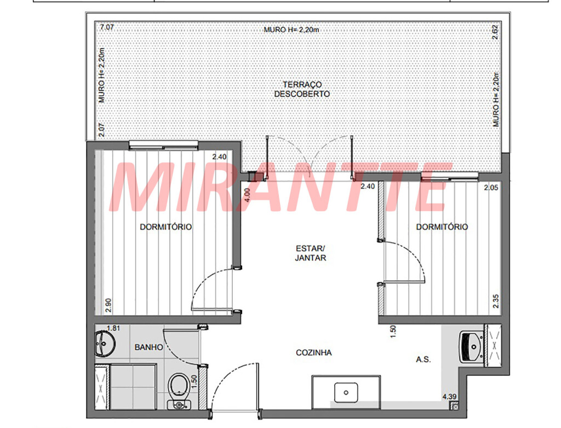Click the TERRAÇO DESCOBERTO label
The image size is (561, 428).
pos(302,89)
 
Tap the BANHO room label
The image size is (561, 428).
pos(148,347)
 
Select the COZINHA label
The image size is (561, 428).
pos(314,352)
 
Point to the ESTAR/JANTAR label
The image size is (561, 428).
pos(310,253)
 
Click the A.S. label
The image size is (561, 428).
pos(423,360)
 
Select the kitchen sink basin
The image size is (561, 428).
pos(346,392)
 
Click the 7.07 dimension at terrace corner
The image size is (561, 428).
pos(107,27)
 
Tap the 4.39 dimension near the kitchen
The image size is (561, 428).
pos(449,397)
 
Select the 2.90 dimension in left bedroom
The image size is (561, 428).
pos(109,305)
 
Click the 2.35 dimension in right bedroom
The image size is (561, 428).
pos(495,301)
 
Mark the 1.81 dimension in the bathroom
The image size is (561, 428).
pos(113,328)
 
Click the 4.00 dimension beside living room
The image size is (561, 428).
pos(247,195)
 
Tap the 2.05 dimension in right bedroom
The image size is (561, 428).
pos(491,188)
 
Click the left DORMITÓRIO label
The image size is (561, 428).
pos(165,227)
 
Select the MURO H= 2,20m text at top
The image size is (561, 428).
pos(291,30)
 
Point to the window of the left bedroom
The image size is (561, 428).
pos(163,145)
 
